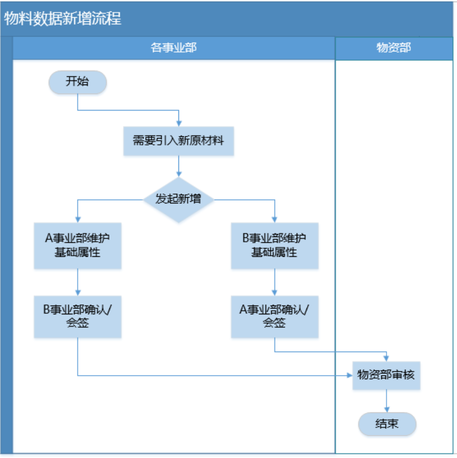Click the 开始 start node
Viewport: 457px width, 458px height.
pyautogui.click(x=78, y=82)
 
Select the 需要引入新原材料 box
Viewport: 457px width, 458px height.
pyautogui.click(x=178, y=141)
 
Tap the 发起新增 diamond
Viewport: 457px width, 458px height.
pyautogui.click(x=178, y=200)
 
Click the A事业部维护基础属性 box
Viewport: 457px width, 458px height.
pyautogui.click(x=78, y=246)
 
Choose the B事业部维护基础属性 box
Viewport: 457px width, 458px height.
pyautogui.click(x=274, y=246)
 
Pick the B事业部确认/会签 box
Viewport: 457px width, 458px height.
pyautogui.click(x=78, y=316)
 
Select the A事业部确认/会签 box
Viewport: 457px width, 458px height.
pyautogui.click(x=274, y=316)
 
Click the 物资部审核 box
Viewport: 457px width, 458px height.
pyautogui.click(x=386, y=375)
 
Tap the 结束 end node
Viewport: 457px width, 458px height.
pyautogui.click(x=387, y=424)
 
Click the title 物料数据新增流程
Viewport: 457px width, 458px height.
pyautogui.click(x=63, y=19)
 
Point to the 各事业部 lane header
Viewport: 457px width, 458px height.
pyautogui.click(x=174, y=48)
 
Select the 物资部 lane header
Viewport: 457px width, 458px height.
pyautogui.click(x=394, y=48)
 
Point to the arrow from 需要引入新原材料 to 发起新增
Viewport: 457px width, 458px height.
pyautogui.click(x=178, y=166)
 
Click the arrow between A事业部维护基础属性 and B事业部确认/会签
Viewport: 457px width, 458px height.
pyautogui.click(x=78, y=282)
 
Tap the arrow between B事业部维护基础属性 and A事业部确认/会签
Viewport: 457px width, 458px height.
pyautogui.click(x=274, y=282)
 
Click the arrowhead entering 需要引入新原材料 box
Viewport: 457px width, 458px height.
pyautogui.click(x=178, y=123)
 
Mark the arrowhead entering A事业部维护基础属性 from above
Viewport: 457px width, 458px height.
pyautogui.click(x=78, y=220)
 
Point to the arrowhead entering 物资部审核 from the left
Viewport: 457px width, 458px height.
pyautogui.click(x=350, y=375)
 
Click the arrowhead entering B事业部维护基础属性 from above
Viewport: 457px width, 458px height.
pyautogui.click(x=274, y=220)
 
